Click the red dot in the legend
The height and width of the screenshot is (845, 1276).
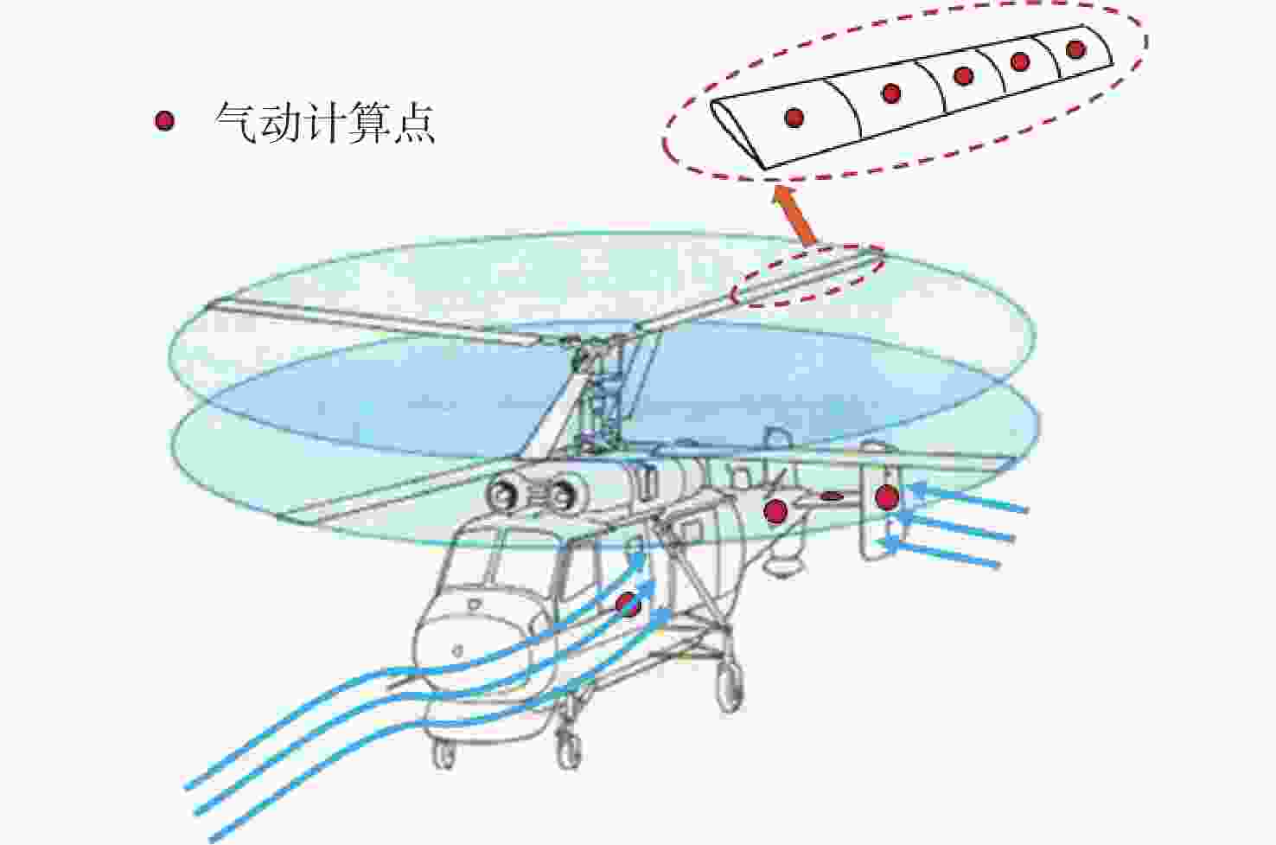pyautogui.click(x=164, y=121)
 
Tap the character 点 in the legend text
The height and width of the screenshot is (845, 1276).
pyautogui.click(x=414, y=123)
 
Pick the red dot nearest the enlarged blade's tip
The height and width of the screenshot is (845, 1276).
pyautogui.click(x=1075, y=49)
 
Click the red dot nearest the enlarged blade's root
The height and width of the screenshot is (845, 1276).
pyautogui.click(x=794, y=118)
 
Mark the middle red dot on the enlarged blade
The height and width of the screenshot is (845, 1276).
pyautogui.click(x=963, y=76)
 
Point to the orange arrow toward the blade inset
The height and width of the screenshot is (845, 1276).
pyautogui.click(x=794, y=216)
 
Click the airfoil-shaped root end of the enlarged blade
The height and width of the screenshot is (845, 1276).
pyautogui.click(x=738, y=134)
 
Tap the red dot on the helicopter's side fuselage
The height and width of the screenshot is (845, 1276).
pyautogui.click(x=628, y=605)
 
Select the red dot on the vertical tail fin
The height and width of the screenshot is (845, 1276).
pyautogui.click(x=887, y=497)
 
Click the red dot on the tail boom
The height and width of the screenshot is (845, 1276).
pyautogui.click(x=775, y=511)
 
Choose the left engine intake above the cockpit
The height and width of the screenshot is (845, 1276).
pyautogui.click(x=502, y=495)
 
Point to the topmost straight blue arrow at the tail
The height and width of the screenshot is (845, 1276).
pyautogui.click(x=968, y=498)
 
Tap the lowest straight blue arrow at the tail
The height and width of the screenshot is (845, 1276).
pyautogui.click(x=939, y=553)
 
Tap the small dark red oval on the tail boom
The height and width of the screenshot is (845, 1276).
pyautogui.click(x=832, y=496)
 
